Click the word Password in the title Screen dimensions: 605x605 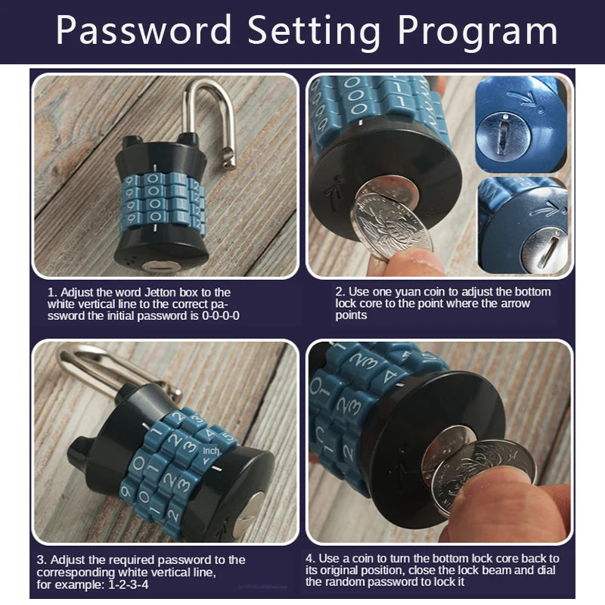tap(144, 32)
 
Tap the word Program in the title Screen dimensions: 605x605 tap(478, 32)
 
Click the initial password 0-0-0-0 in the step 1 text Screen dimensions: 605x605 tap(216, 316)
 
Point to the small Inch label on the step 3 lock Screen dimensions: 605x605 tap(211, 452)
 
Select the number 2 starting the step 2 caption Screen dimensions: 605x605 tap(340, 292)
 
